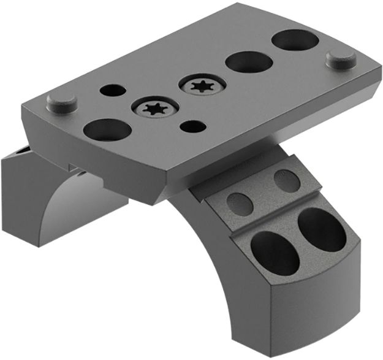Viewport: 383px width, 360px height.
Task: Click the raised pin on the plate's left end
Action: (x=62, y=102)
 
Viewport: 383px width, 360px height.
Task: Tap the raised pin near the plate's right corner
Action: (x=342, y=59)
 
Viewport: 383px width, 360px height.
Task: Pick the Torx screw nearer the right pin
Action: (x=201, y=85)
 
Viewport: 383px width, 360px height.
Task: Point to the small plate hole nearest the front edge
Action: (x=193, y=127)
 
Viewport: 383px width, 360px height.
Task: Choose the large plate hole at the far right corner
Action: (x=294, y=40)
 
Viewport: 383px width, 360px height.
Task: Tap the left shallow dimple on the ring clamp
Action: (x=240, y=201)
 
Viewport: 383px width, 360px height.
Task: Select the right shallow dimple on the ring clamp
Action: (x=287, y=180)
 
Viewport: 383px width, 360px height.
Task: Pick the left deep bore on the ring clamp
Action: (x=274, y=251)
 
